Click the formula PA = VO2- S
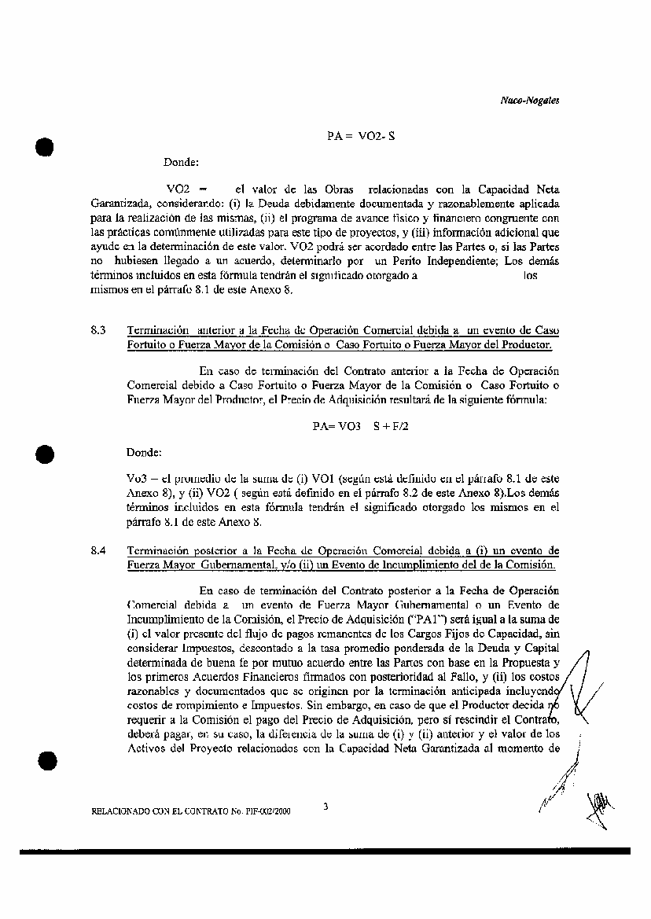[361, 135]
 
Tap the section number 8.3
[98, 331]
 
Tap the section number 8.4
[98, 552]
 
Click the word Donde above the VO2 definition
[180, 163]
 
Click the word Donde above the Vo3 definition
[144, 453]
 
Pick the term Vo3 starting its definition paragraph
[135, 477]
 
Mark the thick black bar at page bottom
[325, 851]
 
